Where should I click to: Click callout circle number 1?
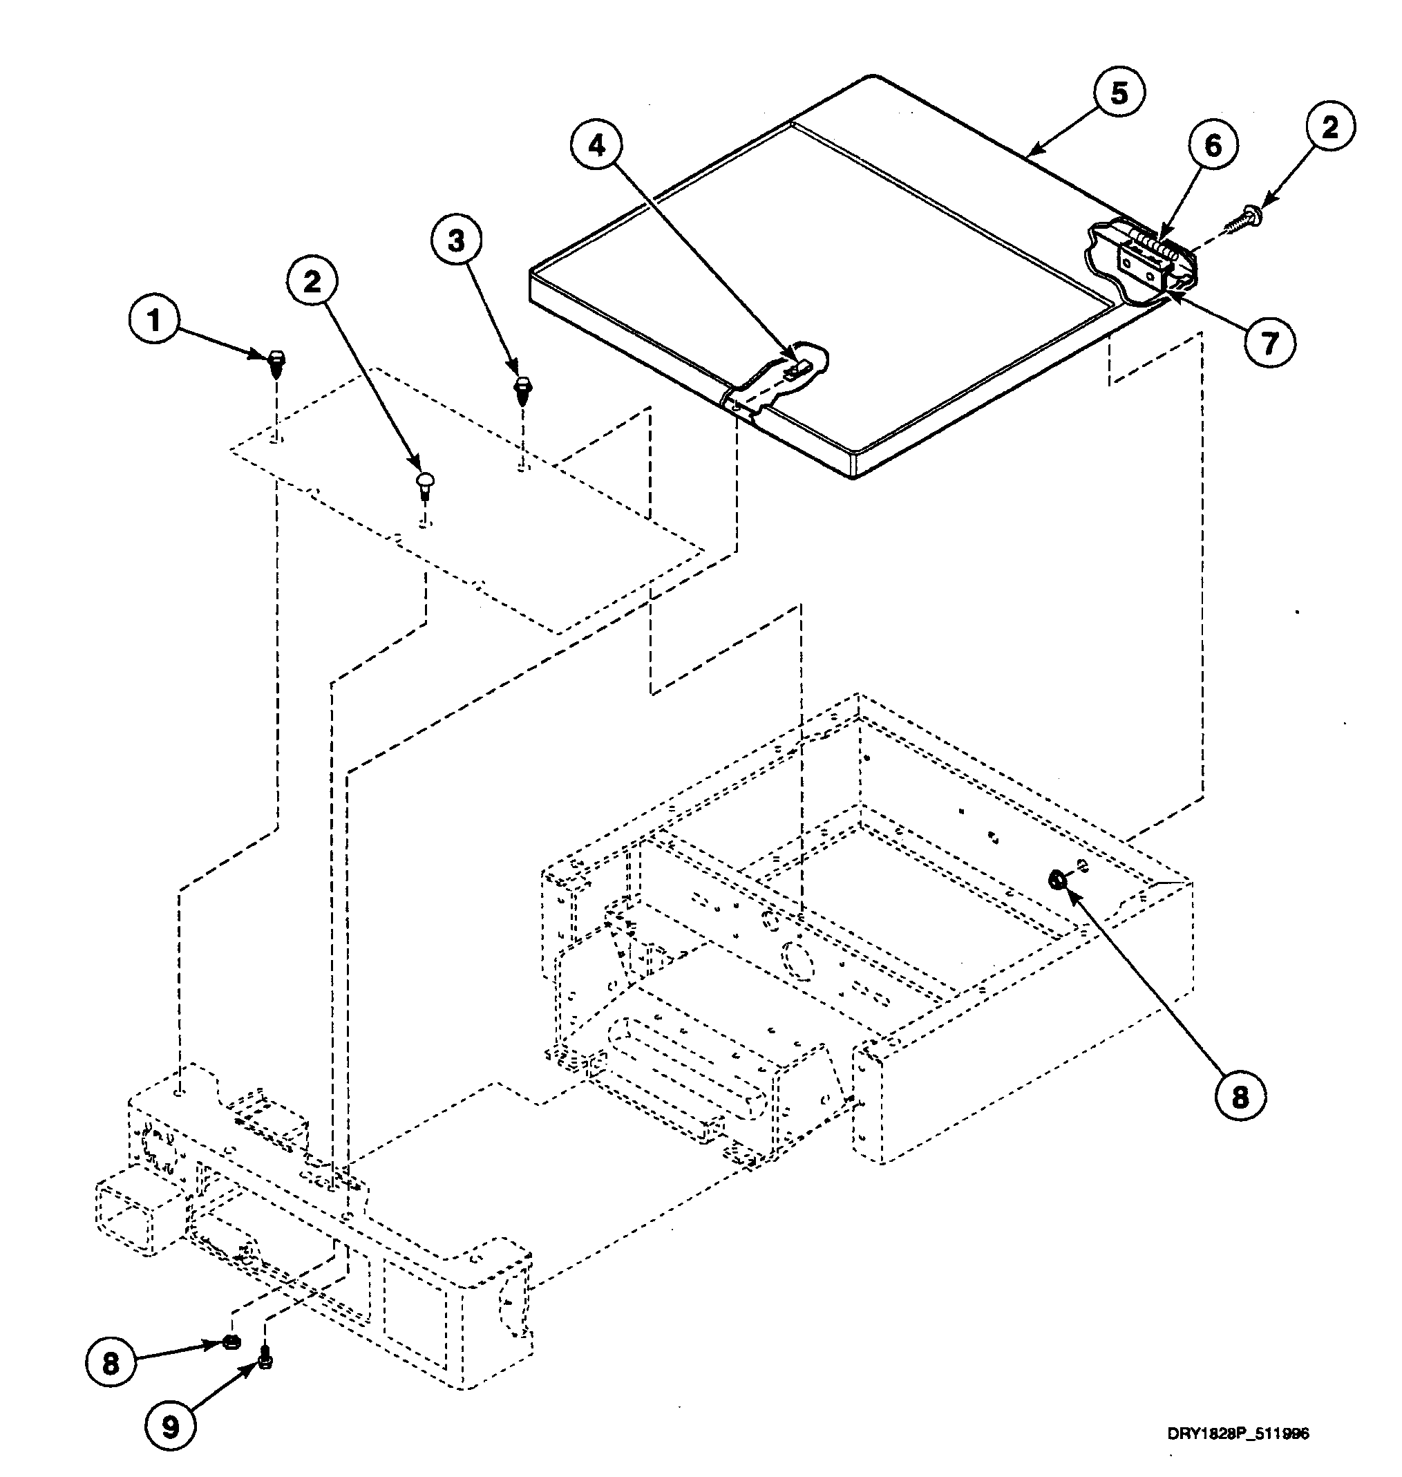point(155,321)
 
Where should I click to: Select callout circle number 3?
point(457,241)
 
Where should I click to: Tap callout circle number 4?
point(596,146)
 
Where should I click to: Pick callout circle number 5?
point(1119,93)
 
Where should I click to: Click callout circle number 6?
point(1212,146)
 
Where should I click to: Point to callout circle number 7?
point(1270,342)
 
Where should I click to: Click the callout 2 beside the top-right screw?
point(1329,128)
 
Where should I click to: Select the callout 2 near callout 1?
point(312,281)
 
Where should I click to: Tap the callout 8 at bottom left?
point(111,1364)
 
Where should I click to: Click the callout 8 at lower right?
point(1240,1098)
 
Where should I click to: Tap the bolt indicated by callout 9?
point(264,1360)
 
